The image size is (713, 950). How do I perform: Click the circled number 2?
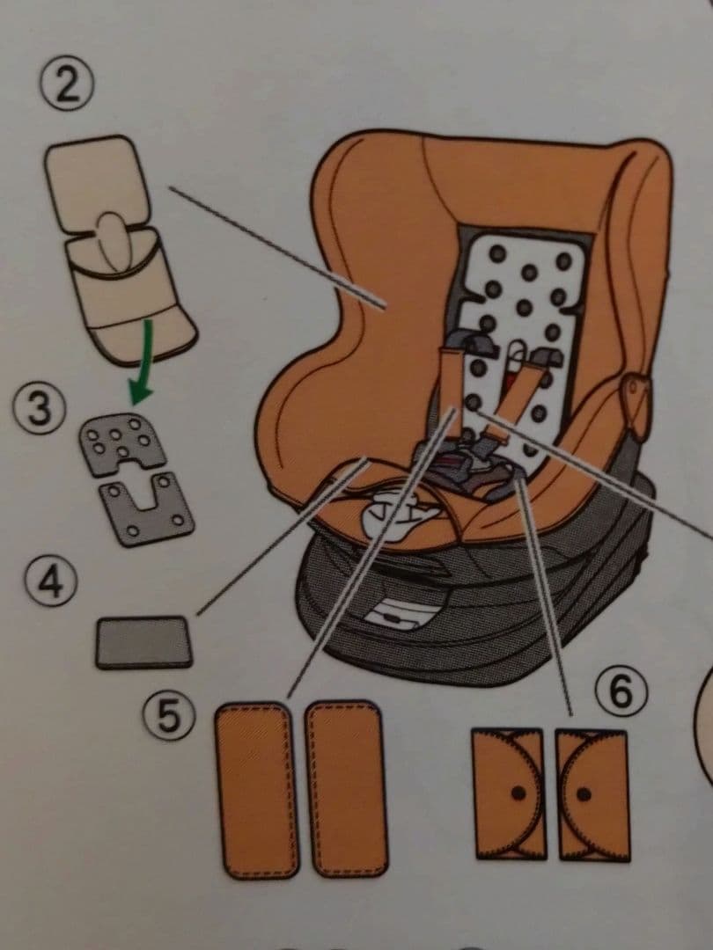coord(67,87)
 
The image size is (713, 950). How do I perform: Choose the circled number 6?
coord(621,691)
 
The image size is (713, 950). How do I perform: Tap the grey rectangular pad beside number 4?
coord(143,642)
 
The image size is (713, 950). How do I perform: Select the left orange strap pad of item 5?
coord(257,790)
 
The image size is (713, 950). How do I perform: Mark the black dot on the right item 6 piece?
coord(584,793)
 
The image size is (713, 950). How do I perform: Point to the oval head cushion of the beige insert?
coord(115,240)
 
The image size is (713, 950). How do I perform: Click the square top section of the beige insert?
coord(97,182)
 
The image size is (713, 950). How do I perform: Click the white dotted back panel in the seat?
coord(521,340)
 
